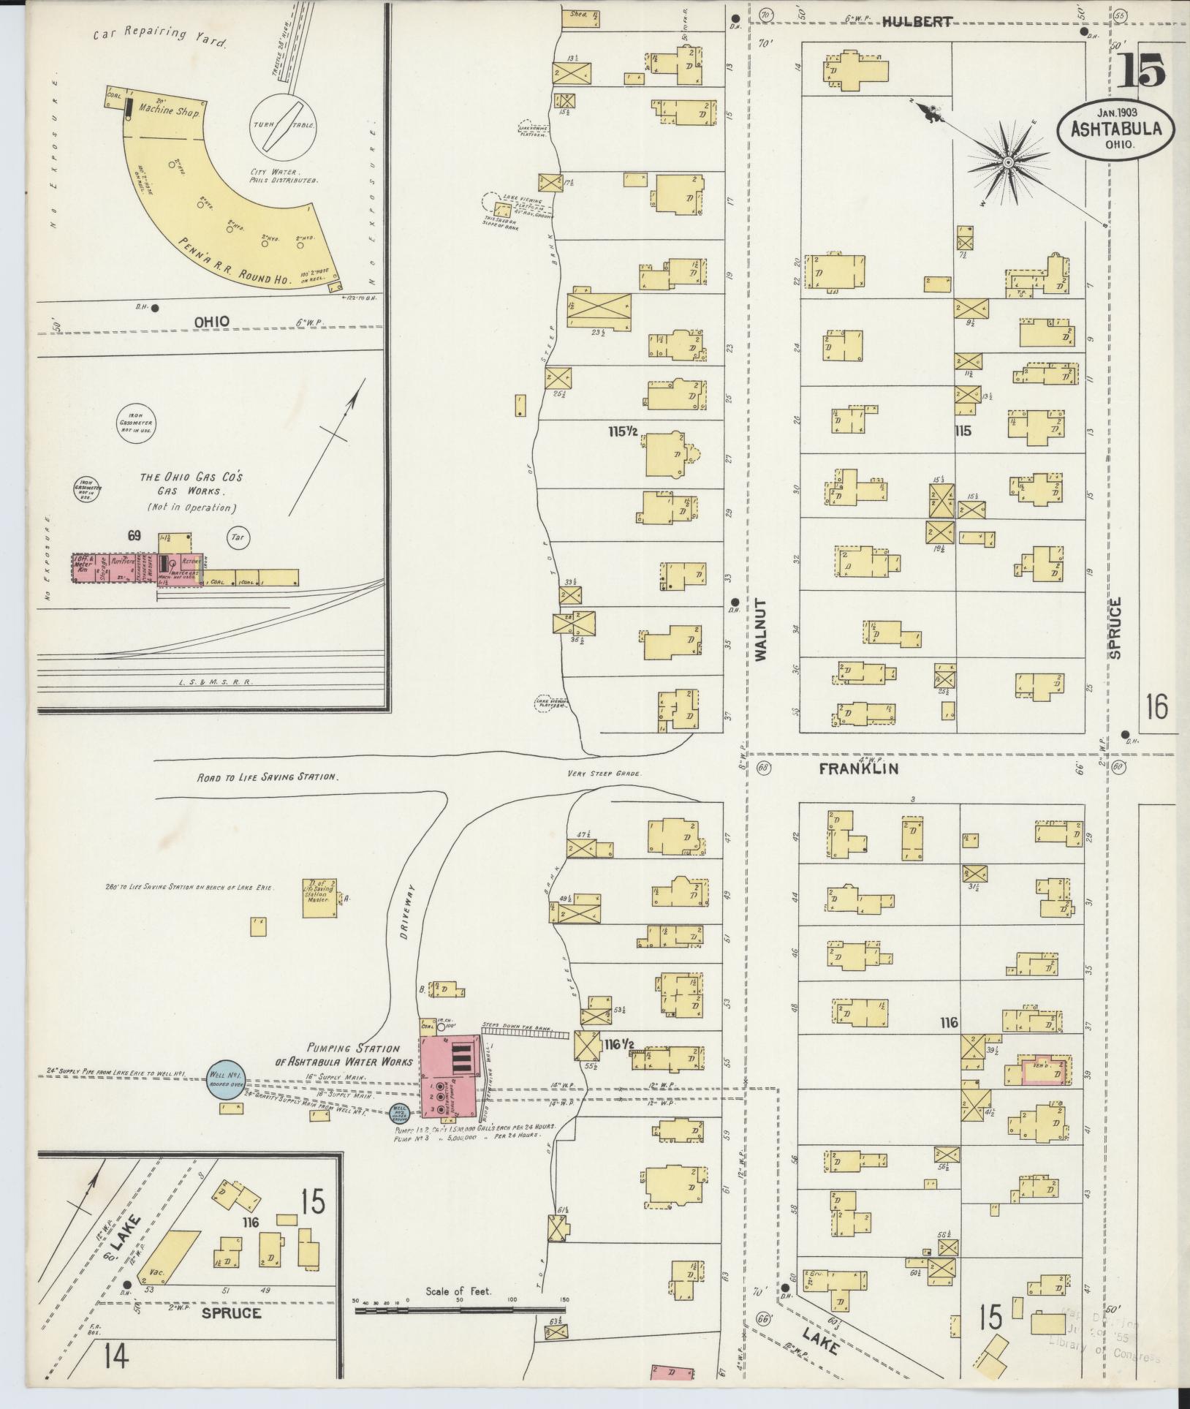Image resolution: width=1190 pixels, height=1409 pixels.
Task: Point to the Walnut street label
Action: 760,630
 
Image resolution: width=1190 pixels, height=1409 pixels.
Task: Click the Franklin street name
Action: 858,768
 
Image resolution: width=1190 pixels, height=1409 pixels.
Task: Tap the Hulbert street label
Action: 917,22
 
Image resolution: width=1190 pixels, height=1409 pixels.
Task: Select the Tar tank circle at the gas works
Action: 238,537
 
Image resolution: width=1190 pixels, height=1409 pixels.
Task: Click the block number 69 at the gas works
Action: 134,536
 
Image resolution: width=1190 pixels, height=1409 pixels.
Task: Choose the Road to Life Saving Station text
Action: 267,777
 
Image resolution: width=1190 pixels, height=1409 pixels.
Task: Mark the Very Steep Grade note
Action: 603,774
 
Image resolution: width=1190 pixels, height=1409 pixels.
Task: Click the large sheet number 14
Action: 116,1357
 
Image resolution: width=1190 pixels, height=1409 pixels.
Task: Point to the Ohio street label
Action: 212,321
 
